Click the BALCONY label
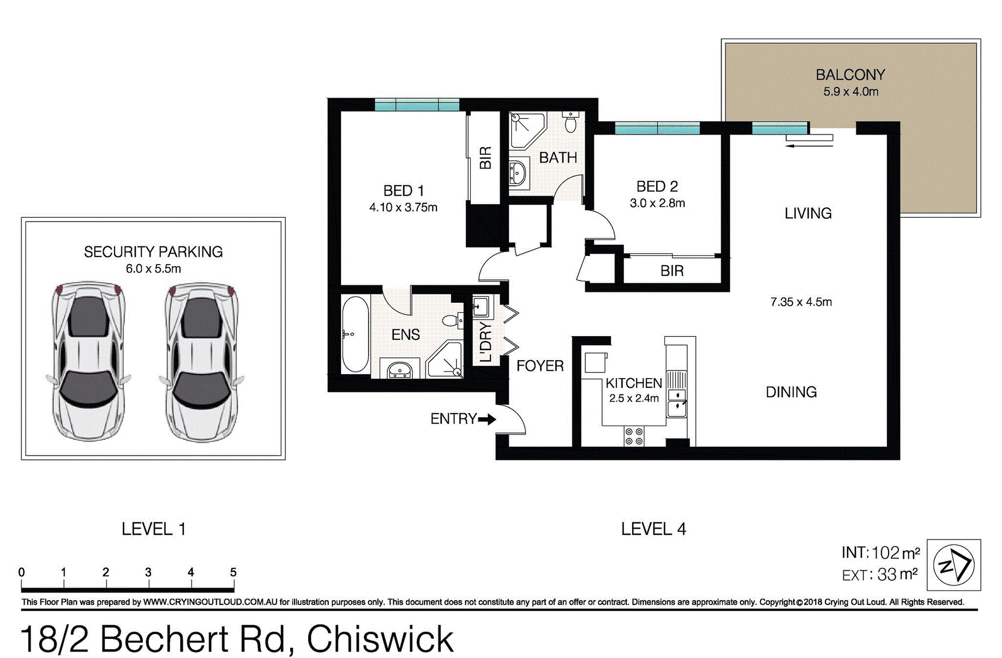850,75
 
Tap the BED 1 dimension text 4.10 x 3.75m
403,207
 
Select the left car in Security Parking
89,361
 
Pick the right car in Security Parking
202,361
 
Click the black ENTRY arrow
487,419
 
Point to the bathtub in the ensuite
355,334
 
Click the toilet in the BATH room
571,122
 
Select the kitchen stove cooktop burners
634,436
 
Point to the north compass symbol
953,565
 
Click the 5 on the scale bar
233,572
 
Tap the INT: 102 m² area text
880,553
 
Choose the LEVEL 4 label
653,529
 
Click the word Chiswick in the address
380,639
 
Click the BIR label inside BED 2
672,271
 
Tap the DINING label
791,392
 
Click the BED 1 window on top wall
417,105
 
